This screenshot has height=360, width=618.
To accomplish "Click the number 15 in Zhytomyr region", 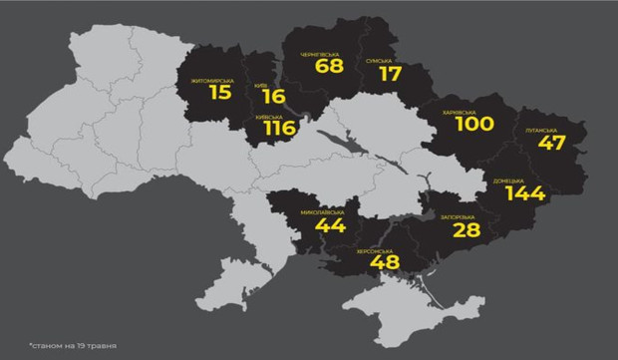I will tap(221, 93).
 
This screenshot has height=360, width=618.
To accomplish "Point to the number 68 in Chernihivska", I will tap(328, 67).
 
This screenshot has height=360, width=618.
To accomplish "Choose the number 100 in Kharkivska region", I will tap(474, 125).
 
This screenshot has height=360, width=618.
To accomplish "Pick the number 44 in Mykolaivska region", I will tap(328, 225).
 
